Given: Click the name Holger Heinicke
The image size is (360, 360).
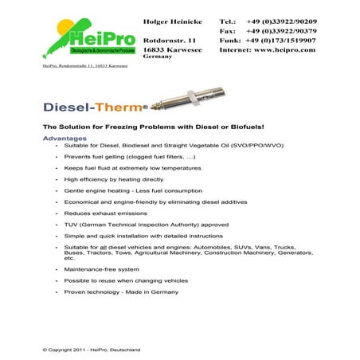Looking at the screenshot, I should coord(171,21).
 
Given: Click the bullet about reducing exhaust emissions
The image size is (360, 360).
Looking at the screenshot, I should coord(105,213).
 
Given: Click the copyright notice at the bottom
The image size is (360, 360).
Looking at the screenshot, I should coord(91,349).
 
